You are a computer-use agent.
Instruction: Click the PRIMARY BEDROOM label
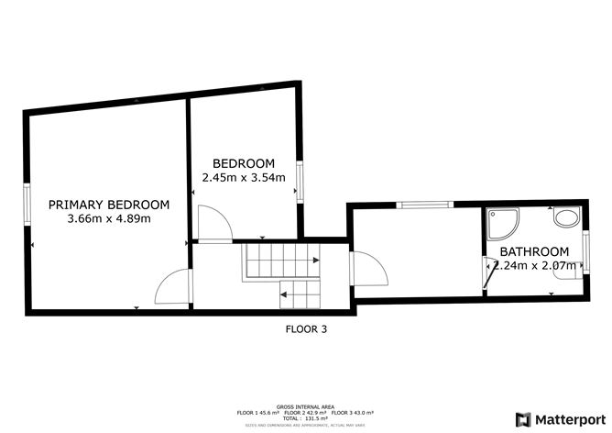coord(109,205)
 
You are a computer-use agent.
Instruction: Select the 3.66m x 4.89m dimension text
coord(109,219)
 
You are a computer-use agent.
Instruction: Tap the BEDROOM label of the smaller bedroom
coord(243,163)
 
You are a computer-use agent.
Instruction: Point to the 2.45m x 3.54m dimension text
coord(243,178)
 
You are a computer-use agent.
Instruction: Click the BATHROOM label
coord(534,251)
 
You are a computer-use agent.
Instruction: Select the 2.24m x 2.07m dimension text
coord(534,266)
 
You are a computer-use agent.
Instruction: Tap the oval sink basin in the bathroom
coord(566,219)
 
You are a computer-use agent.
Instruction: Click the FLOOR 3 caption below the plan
coord(306,328)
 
